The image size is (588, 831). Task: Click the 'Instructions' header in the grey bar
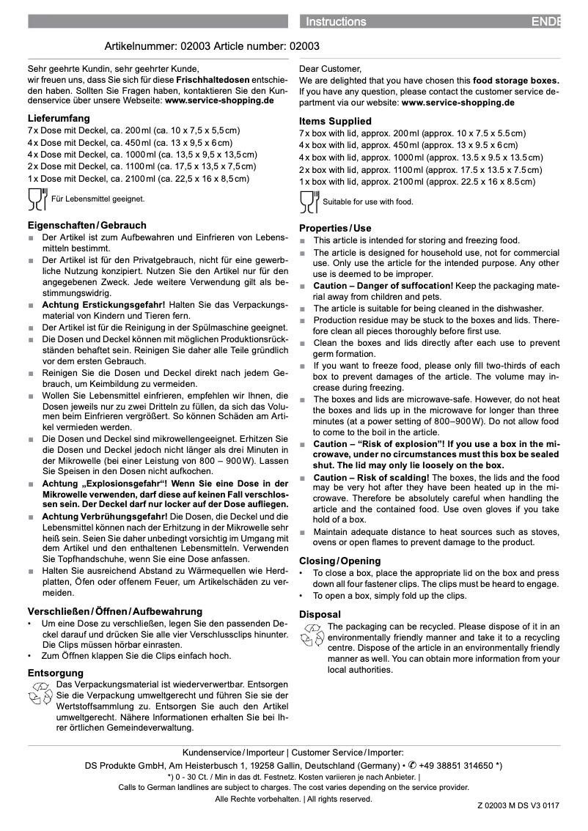click(x=336, y=22)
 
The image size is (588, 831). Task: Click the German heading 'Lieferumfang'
click(x=59, y=117)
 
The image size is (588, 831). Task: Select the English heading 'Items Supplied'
click(x=335, y=121)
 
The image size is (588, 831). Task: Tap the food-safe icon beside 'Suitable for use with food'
click(x=309, y=202)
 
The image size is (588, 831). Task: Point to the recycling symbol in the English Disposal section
click(x=312, y=635)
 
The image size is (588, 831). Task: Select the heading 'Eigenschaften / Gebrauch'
click(x=87, y=225)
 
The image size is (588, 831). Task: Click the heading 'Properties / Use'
click(x=335, y=228)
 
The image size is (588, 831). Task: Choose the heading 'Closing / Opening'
click(x=340, y=561)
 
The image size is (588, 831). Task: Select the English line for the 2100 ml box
click(x=416, y=182)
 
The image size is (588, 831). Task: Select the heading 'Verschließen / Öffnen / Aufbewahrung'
click(x=115, y=611)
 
